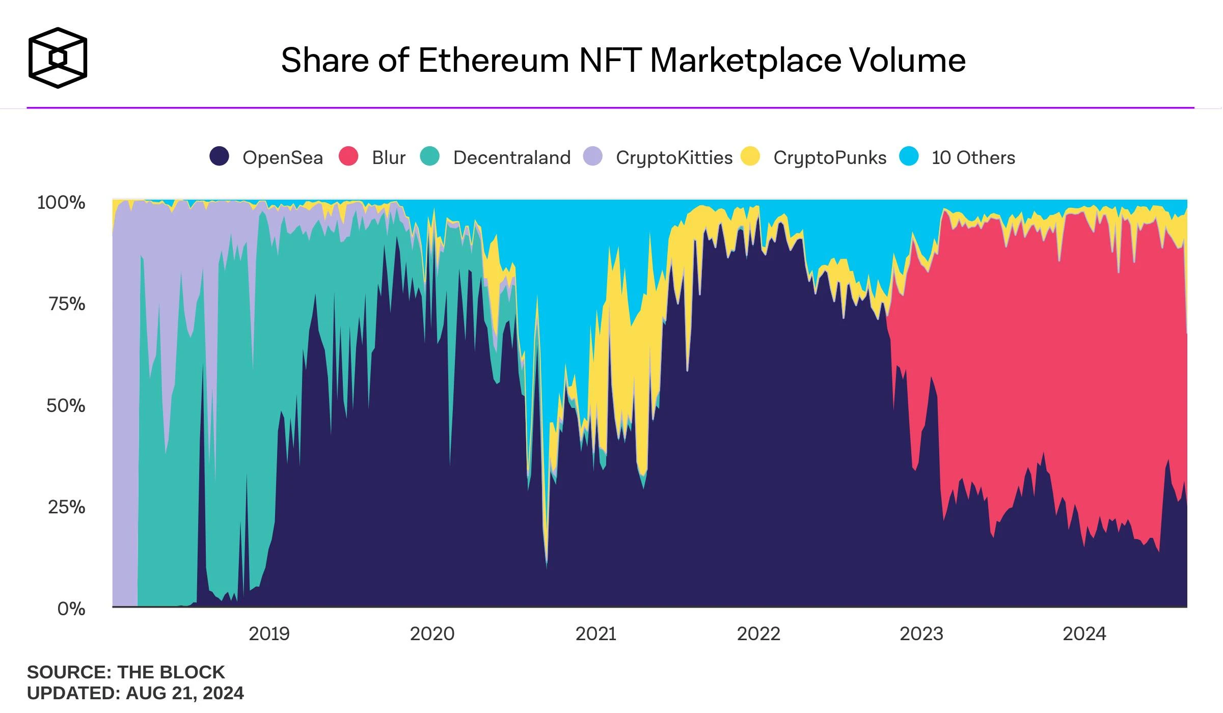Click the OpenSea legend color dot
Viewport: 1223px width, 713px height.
(x=220, y=156)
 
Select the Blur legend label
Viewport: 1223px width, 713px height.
(x=388, y=158)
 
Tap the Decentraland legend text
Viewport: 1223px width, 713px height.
(x=511, y=158)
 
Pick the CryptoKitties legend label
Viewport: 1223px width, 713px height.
(x=674, y=158)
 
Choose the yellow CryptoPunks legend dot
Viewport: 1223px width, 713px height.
(x=750, y=156)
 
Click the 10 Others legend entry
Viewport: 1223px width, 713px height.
(x=973, y=158)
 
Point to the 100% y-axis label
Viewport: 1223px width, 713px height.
(x=61, y=203)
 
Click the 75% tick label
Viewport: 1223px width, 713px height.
(x=67, y=304)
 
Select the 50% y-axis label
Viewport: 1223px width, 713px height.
(x=66, y=406)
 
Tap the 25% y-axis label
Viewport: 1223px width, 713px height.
(x=67, y=507)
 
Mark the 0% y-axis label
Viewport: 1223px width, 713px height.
(x=71, y=609)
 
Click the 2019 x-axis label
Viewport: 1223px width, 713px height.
(x=269, y=634)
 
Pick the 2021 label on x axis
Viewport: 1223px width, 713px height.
(x=595, y=634)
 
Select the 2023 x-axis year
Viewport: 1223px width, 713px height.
(x=921, y=634)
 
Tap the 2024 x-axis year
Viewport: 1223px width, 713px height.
(x=1084, y=634)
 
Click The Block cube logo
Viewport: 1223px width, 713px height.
(x=58, y=58)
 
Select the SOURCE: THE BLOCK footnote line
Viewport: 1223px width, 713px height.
(x=126, y=672)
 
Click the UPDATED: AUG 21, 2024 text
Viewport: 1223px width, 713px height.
(x=135, y=693)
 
